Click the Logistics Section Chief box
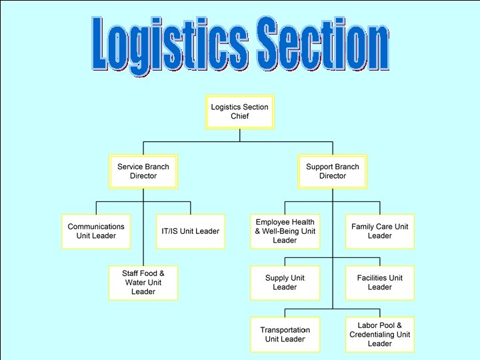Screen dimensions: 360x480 click(239, 111)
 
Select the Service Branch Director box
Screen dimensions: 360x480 click(143, 171)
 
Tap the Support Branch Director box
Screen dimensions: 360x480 click(332, 171)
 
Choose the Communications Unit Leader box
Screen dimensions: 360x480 click(96, 231)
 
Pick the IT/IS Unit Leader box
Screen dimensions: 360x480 click(190, 231)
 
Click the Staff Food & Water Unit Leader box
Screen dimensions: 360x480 click(143, 282)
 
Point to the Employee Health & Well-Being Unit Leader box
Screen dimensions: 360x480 click(285, 231)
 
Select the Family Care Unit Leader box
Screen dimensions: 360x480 click(379, 231)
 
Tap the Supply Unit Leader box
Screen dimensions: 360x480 click(285, 283)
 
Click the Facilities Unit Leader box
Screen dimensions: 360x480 click(379, 283)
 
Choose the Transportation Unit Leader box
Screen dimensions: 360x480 click(285, 335)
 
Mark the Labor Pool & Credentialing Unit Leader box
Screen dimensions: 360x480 click(379, 335)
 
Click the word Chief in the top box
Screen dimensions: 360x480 click(239, 116)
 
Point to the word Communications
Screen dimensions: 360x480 click(96, 227)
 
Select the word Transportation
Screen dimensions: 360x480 click(285, 330)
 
